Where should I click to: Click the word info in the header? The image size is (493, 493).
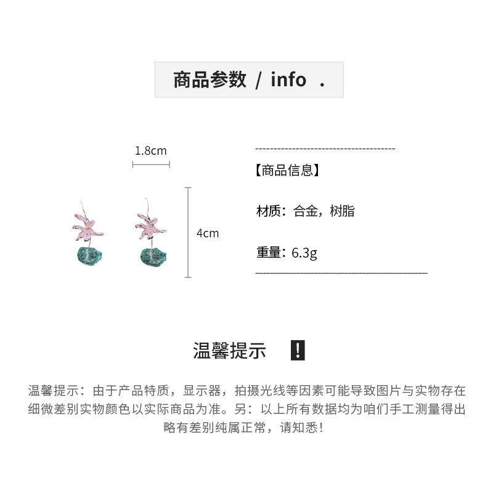pos(288,80)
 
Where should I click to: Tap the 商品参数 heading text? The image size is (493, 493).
pos(210,80)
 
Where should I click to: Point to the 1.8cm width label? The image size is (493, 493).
pos(150,150)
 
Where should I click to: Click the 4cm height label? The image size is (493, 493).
pos(208,234)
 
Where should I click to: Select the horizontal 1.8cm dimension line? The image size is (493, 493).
pos(151,165)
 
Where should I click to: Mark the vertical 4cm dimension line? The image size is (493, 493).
pos(189,232)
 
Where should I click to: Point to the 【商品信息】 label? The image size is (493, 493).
pos(287,171)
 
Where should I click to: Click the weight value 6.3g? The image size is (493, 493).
pos(304,253)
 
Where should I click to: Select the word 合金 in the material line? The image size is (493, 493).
pos(306,211)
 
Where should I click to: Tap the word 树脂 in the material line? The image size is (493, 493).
pos(342,211)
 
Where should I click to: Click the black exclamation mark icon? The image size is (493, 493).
pos(297,351)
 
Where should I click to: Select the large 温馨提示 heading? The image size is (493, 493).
pos(229,351)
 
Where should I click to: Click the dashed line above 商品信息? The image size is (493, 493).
pos(325,149)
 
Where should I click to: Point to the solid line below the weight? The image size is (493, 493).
pos(341,272)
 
